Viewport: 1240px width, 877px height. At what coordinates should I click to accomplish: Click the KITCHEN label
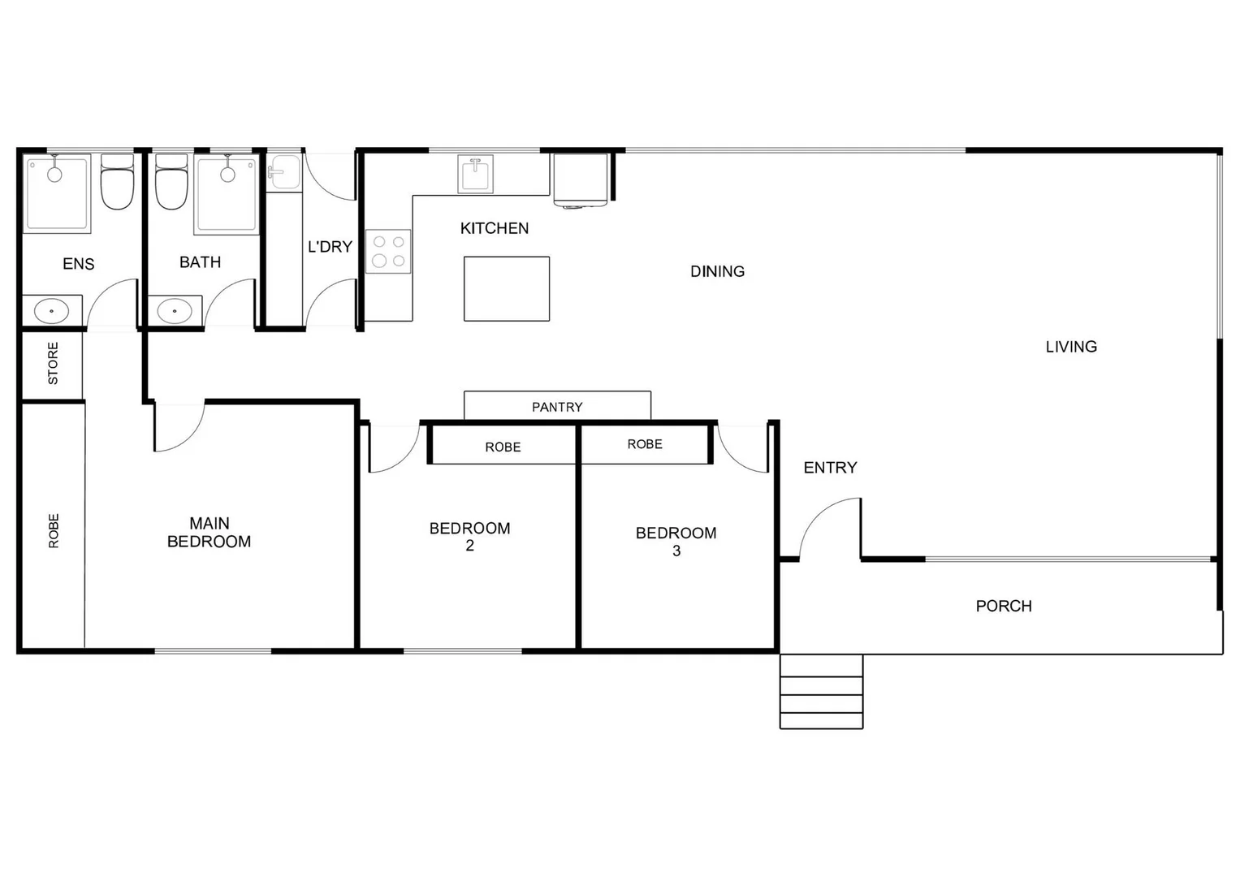[x=494, y=228]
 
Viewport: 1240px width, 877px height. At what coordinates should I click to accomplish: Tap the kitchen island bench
[x=507, y=288]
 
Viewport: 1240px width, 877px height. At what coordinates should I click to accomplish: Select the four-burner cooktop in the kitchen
[x=388, y=251]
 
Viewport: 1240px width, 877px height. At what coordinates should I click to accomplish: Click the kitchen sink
[x=475, y=174]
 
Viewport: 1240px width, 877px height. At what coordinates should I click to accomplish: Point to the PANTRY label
[x=557, y=407]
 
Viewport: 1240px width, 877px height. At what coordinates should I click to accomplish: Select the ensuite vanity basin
[x=52, y=310]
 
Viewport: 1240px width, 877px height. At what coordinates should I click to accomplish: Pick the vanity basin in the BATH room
[x=175, y=310]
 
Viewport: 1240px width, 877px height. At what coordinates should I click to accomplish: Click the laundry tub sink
[x=283, y=172]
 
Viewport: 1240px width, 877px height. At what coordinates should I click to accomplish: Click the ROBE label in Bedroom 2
[x=503, y=447]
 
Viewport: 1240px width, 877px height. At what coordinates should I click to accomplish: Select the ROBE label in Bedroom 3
[x=645, y=444]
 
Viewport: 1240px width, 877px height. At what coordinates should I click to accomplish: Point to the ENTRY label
[x=830, y=468]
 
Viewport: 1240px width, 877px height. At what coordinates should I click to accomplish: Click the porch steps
[x=821, y=692]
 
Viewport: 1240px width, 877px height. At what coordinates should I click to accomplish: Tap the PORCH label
[x=1004, y=606]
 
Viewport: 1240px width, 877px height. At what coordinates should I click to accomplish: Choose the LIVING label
[x=1071, y=347]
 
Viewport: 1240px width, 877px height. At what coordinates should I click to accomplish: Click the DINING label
[x=717, y=271]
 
